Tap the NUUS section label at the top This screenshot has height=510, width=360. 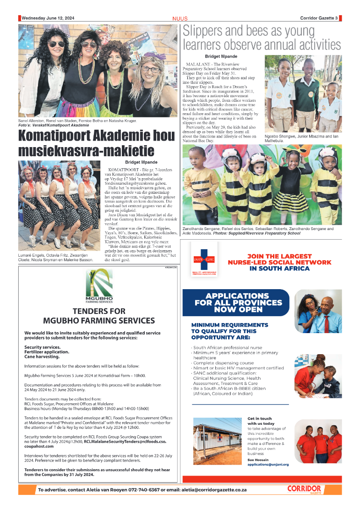(x=180, y=18)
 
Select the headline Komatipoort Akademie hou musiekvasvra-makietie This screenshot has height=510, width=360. (x=96, y=143)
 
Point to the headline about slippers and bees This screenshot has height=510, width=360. (x=262, y=38)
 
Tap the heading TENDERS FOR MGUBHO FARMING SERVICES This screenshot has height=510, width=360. (x=99, y=316)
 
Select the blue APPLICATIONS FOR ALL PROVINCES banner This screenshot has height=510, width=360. (x=237, y=303)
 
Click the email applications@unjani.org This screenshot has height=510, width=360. (x=268, y=464)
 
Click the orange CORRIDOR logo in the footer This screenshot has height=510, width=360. (x=304, y=489)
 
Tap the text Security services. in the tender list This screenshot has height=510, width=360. (x=43, y=347)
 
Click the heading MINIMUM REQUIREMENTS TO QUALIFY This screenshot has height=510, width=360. (x=230, y=331)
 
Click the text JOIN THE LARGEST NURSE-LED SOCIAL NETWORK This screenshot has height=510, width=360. (x=279, y=263)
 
